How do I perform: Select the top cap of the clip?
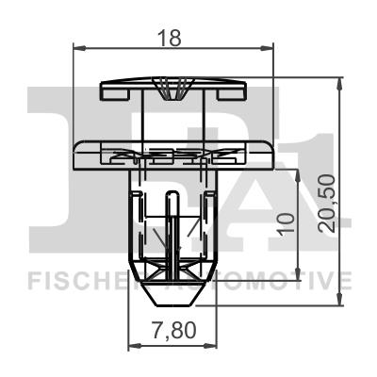click(x=172, y=90)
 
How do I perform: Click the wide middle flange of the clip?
click(x=172, y=155)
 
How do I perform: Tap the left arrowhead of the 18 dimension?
click(x=76, y=48)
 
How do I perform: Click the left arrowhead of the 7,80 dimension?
click(x=132, y=347)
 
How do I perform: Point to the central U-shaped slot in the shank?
click(x=172, y=217)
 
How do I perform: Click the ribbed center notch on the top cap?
click(x=172, y=92)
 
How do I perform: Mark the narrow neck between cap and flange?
click(x=172, y=121)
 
